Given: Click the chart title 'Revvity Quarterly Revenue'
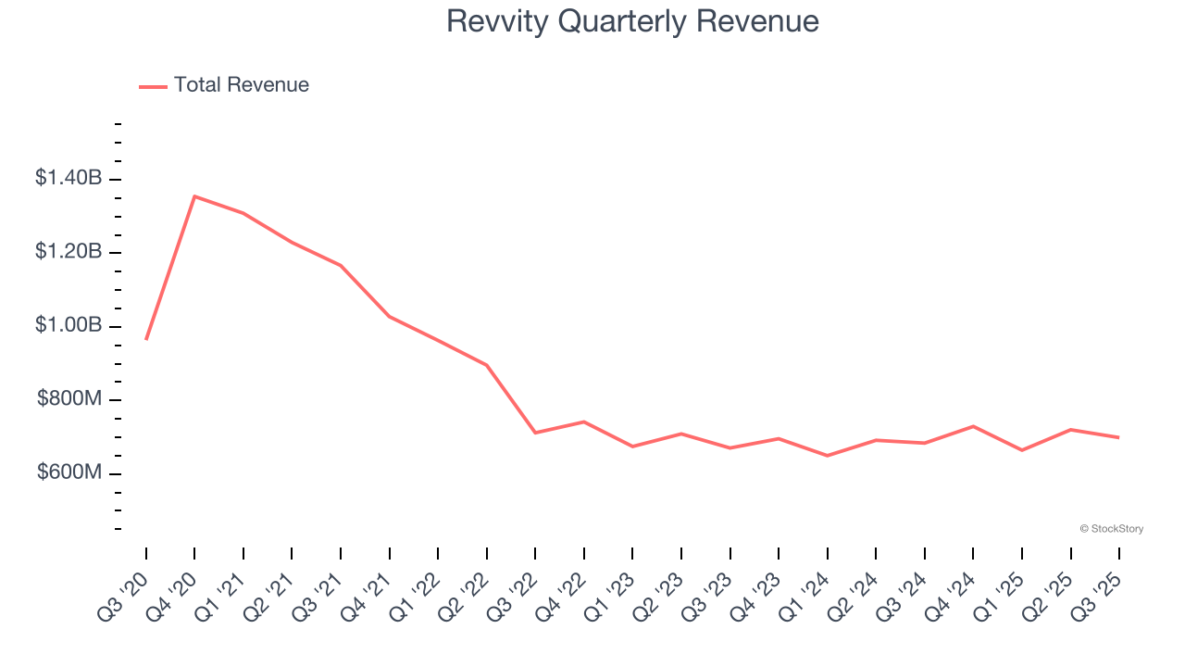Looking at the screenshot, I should tap(632, 21).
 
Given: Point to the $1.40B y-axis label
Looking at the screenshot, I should tap(69, 178).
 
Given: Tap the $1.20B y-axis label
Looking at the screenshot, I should tap(69, 252).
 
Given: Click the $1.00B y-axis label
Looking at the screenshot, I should tap(69, 325).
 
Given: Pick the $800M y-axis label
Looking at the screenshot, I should tap(69, 399).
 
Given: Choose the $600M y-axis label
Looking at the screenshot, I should tap(69, 472).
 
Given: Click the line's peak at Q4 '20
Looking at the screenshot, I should tap(194, 196).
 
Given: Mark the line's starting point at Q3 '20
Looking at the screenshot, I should tap(146, 339).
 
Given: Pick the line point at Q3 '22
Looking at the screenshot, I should tap(535, 433).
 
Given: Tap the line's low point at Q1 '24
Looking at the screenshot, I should tap(827, 456).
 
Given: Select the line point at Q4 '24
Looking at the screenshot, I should tap(973, 426).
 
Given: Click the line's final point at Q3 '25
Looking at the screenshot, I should tap(1118, 437).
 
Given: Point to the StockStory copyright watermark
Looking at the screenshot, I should tap(1111, 529).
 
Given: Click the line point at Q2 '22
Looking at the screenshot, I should tap(487, 365).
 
